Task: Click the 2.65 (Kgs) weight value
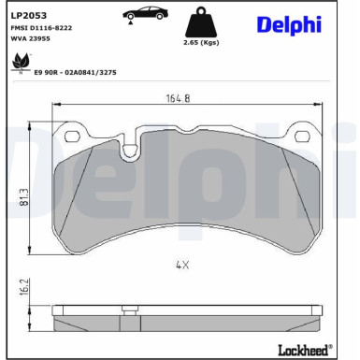[200, 43]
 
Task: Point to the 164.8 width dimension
[178, 97]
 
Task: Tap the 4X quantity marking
[182, 265]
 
